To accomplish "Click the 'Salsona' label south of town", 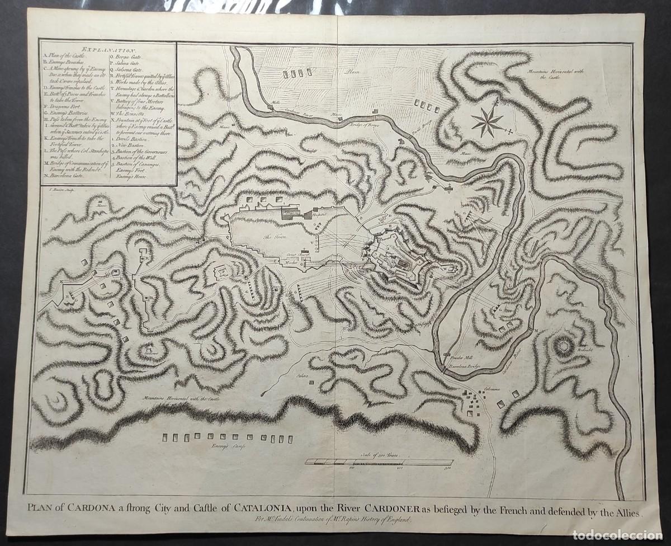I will coord(304,376).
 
